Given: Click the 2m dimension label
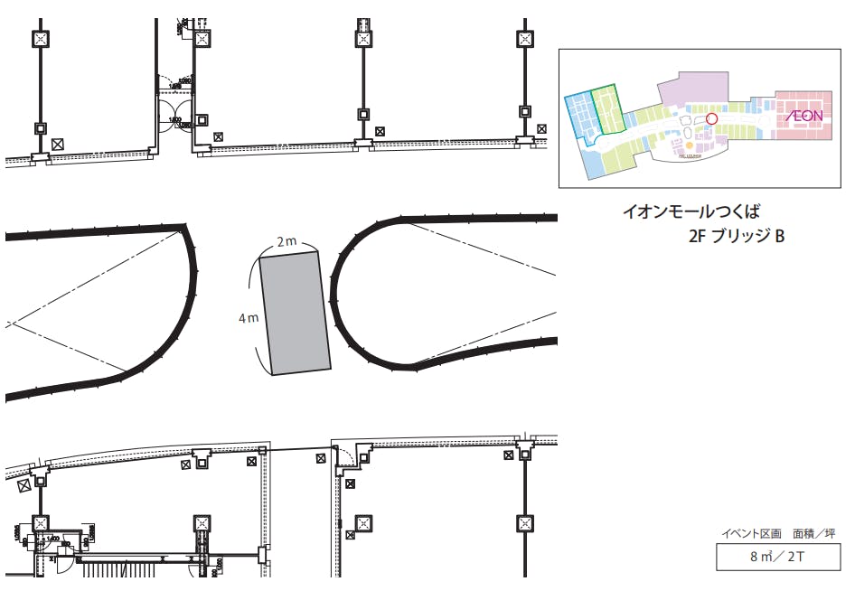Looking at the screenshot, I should (287, 241).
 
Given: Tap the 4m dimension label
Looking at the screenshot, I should (248, 317).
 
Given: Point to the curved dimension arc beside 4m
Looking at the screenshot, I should (258, 316).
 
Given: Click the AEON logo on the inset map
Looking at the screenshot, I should (803, 116).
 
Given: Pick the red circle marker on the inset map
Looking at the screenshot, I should (710, 117).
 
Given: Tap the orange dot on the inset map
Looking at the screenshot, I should (690, 145).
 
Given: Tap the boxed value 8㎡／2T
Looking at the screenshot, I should (777, 557).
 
